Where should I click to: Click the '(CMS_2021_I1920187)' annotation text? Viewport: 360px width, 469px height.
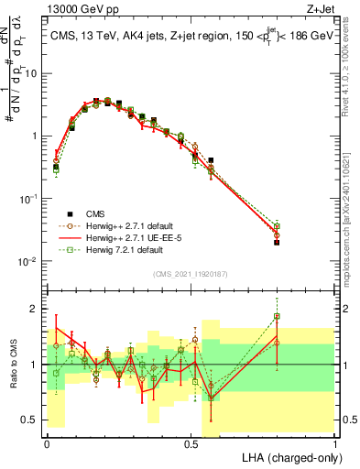[190, 272]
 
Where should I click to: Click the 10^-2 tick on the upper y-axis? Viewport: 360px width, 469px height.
[29, 261]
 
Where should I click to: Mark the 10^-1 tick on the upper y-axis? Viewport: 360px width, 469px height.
[29, 198]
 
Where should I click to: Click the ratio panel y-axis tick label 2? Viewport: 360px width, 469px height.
[37, 309]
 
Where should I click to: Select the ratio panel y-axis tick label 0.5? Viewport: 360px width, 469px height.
[33, 421]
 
